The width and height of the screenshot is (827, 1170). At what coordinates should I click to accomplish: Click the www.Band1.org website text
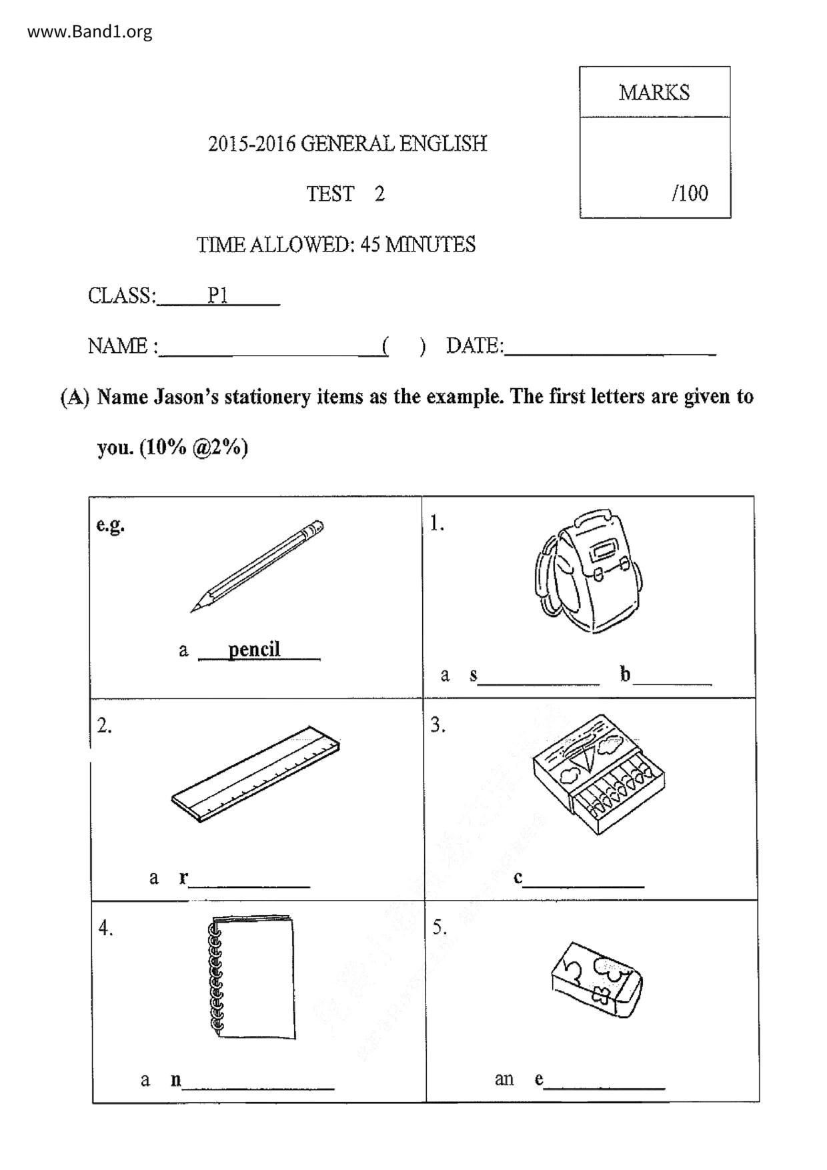click(x=89, y=31)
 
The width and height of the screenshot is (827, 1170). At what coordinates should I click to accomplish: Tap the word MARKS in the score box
click(x=654, y=93)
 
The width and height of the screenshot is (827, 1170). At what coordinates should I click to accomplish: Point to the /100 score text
click(x=690, y=193)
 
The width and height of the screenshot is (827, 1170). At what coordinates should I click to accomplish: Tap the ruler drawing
click(x=255, y=774)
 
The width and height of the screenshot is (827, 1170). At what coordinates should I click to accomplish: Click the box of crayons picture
click(x=598, y=774)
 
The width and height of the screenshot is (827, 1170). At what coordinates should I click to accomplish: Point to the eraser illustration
click(x=596, y=979)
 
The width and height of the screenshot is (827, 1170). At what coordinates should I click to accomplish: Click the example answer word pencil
click(x=254, y=649)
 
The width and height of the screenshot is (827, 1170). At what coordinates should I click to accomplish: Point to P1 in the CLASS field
click(x=217, y=296)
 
